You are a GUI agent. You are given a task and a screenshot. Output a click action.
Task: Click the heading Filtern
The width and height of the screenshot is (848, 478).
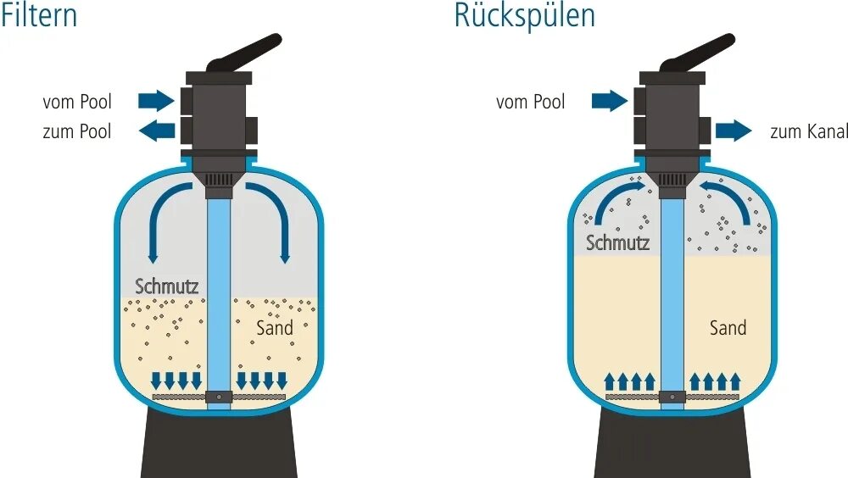[x=39, y=14]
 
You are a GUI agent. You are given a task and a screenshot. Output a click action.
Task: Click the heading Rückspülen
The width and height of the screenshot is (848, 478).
[x=524, y=14]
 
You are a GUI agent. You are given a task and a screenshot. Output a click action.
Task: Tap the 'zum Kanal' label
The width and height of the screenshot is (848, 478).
[x=809, y=131]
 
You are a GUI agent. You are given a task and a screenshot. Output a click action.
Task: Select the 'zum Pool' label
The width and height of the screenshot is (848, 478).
[x=76, y=131]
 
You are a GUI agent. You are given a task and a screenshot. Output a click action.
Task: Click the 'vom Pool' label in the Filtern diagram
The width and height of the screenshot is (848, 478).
[x=76, y=102]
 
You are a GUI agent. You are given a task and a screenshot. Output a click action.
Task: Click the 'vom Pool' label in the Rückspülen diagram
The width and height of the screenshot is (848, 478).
[x=530, y=102]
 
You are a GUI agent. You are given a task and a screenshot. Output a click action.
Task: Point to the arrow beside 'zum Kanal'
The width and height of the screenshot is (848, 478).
[x=734, y=131]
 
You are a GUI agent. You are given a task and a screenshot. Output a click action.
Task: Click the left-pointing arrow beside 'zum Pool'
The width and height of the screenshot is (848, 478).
[x=155, y=131]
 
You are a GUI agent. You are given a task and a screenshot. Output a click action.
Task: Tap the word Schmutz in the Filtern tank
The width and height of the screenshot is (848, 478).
[x=167, y=286]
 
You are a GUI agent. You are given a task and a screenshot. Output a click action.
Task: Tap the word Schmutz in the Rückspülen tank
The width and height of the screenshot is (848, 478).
[x=617, y=243]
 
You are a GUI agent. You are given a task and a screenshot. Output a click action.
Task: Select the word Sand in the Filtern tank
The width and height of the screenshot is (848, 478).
[x=274, y=327]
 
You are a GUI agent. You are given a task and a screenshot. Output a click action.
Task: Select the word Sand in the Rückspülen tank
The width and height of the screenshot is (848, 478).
[x=728, y=327]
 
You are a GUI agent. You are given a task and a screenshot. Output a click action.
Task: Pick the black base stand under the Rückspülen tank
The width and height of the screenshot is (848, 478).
[x=672, y=445]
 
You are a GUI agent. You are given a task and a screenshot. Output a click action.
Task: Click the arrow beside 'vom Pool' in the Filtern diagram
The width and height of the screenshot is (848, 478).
[x=155, y=101]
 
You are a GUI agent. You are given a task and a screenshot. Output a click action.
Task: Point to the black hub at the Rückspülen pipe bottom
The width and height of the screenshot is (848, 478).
[x=672, y=396]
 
